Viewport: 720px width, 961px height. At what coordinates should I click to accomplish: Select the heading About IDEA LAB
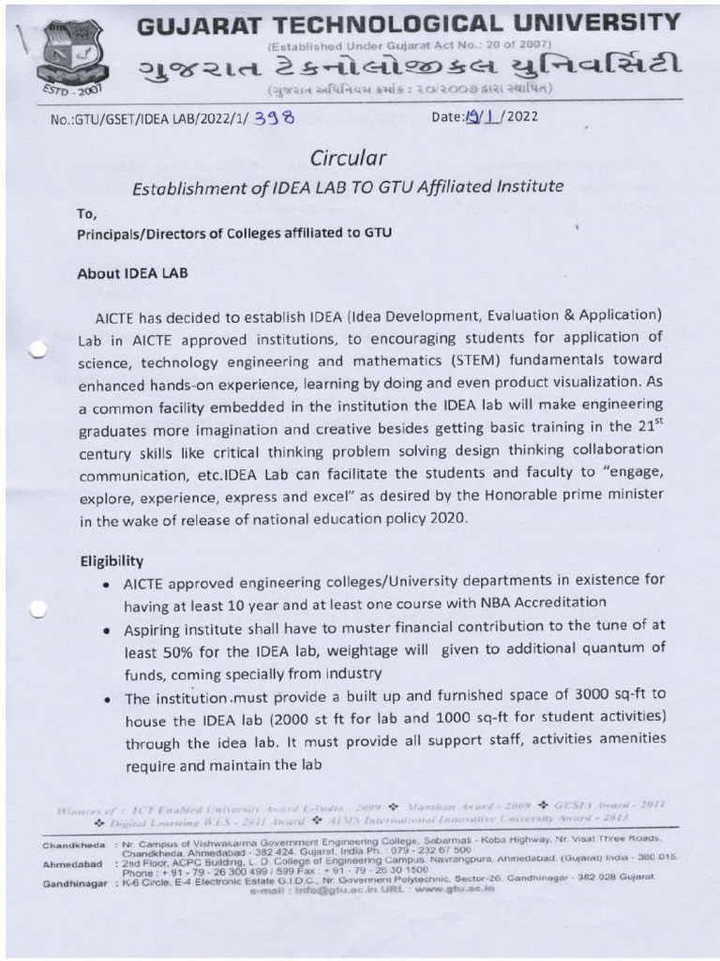coord(132,274)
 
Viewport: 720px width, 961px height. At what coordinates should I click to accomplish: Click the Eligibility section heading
coord(112,560)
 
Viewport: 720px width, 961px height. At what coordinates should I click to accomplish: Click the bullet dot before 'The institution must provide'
coord(112,699)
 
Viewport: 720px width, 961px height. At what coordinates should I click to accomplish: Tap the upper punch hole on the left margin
coord(37,349)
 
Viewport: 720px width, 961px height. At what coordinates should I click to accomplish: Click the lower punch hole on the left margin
coord(37,610)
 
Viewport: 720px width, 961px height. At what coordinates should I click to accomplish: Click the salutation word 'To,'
coord(87,213)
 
